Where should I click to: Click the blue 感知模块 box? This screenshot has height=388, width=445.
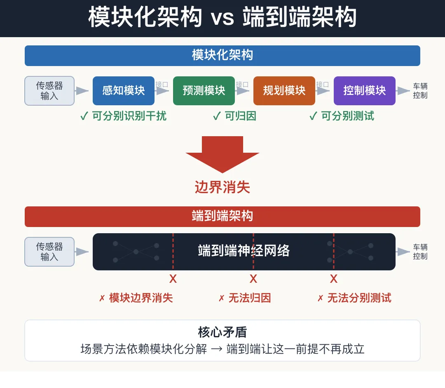point(124,91)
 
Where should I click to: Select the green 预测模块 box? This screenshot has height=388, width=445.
point(204,91)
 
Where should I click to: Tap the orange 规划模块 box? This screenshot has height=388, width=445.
point(284,91)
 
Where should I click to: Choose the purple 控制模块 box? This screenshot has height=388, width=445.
point(365,91)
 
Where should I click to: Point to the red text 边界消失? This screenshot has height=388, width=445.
point(222,187)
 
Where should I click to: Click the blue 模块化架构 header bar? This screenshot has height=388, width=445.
point(222,56)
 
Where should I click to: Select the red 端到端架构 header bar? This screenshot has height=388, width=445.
point(222,217)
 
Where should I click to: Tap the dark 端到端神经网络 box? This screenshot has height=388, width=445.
point(244,251)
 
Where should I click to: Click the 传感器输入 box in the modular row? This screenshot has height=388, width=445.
point(49,91)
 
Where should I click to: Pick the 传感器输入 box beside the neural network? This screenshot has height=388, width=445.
point(49,252)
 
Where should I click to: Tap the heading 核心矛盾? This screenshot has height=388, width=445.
point(222,332)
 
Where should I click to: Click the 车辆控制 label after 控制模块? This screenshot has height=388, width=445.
point(420,91)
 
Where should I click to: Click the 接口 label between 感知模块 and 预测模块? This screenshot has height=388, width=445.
point(162,85)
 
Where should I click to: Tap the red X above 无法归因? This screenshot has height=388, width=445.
point(253,279)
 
